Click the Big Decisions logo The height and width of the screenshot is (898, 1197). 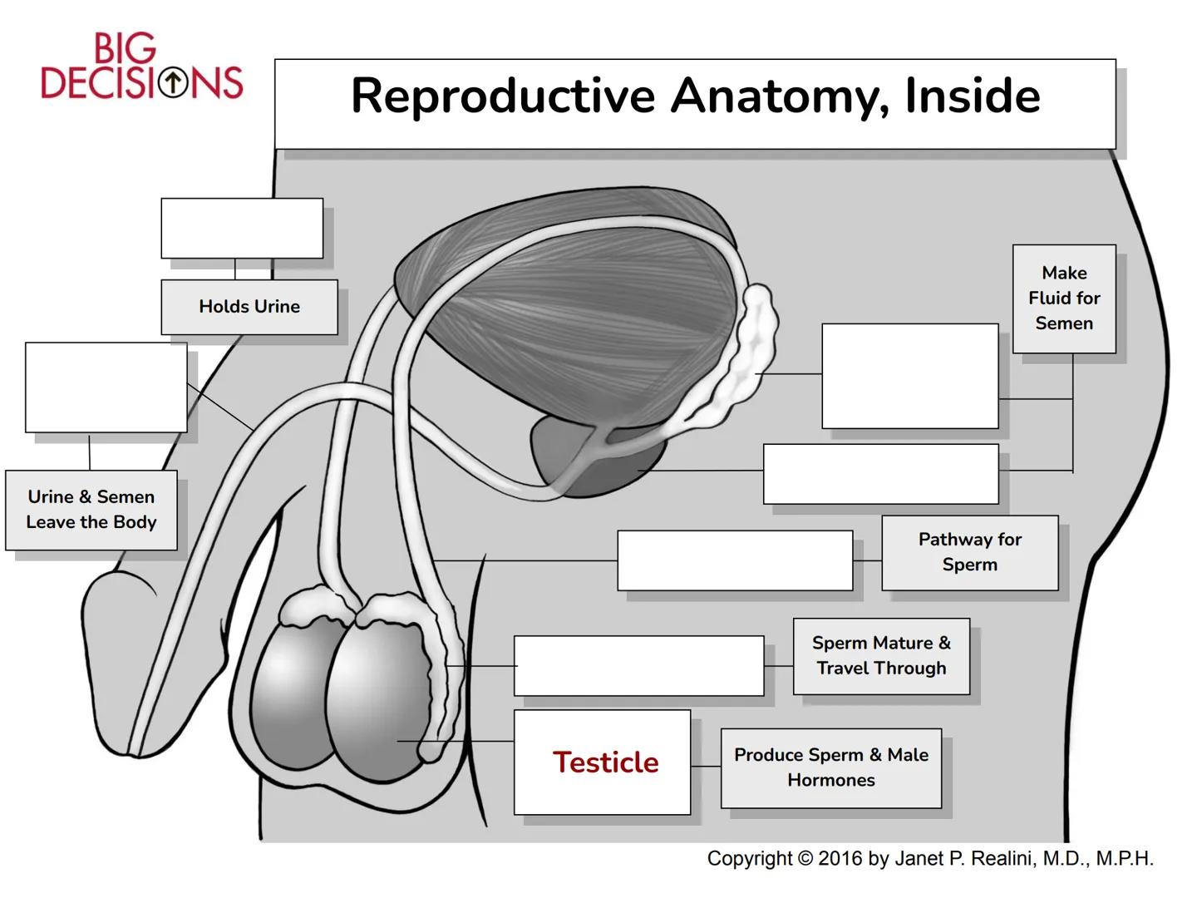coord(141,67)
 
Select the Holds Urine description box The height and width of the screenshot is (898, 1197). coord(249,307)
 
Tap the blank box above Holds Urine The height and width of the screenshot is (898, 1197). coord(242,228)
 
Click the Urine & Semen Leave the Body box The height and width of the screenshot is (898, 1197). coord(91,510)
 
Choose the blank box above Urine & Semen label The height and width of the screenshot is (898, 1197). coord(106,387)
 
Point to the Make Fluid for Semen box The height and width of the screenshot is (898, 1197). coord(1064,299)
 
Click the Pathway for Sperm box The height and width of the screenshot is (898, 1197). coord(969,552)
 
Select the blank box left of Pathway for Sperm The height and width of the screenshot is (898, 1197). coord(735,560)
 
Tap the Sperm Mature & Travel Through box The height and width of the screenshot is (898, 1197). coord(881,656)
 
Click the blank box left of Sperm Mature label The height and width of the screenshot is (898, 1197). coord(638,665)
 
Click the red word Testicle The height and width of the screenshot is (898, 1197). coord(605,762)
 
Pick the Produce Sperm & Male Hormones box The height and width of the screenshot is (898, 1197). coord(830,767)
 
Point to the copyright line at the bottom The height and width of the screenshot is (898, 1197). coord(929,859)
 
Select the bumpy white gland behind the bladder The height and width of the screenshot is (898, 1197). coord(744,358)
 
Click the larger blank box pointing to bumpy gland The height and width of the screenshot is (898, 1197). coord(909,376)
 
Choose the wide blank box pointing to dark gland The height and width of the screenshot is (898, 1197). coord(880,474)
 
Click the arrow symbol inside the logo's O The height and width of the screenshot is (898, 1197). coord(173,82)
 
